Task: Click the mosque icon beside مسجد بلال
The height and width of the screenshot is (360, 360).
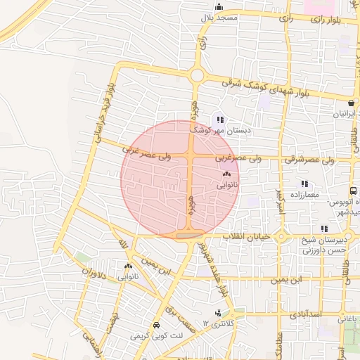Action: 219,8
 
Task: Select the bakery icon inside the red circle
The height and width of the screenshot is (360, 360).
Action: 226,174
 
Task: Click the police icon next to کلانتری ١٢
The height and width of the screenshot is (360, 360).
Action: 218,313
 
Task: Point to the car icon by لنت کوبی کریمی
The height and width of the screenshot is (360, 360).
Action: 155,326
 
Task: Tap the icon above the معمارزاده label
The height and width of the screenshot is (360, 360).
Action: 304,184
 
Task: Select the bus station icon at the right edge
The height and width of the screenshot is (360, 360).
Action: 352,191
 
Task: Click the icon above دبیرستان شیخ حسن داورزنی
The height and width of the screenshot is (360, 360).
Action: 323,229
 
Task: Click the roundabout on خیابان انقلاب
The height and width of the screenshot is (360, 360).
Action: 281,237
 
